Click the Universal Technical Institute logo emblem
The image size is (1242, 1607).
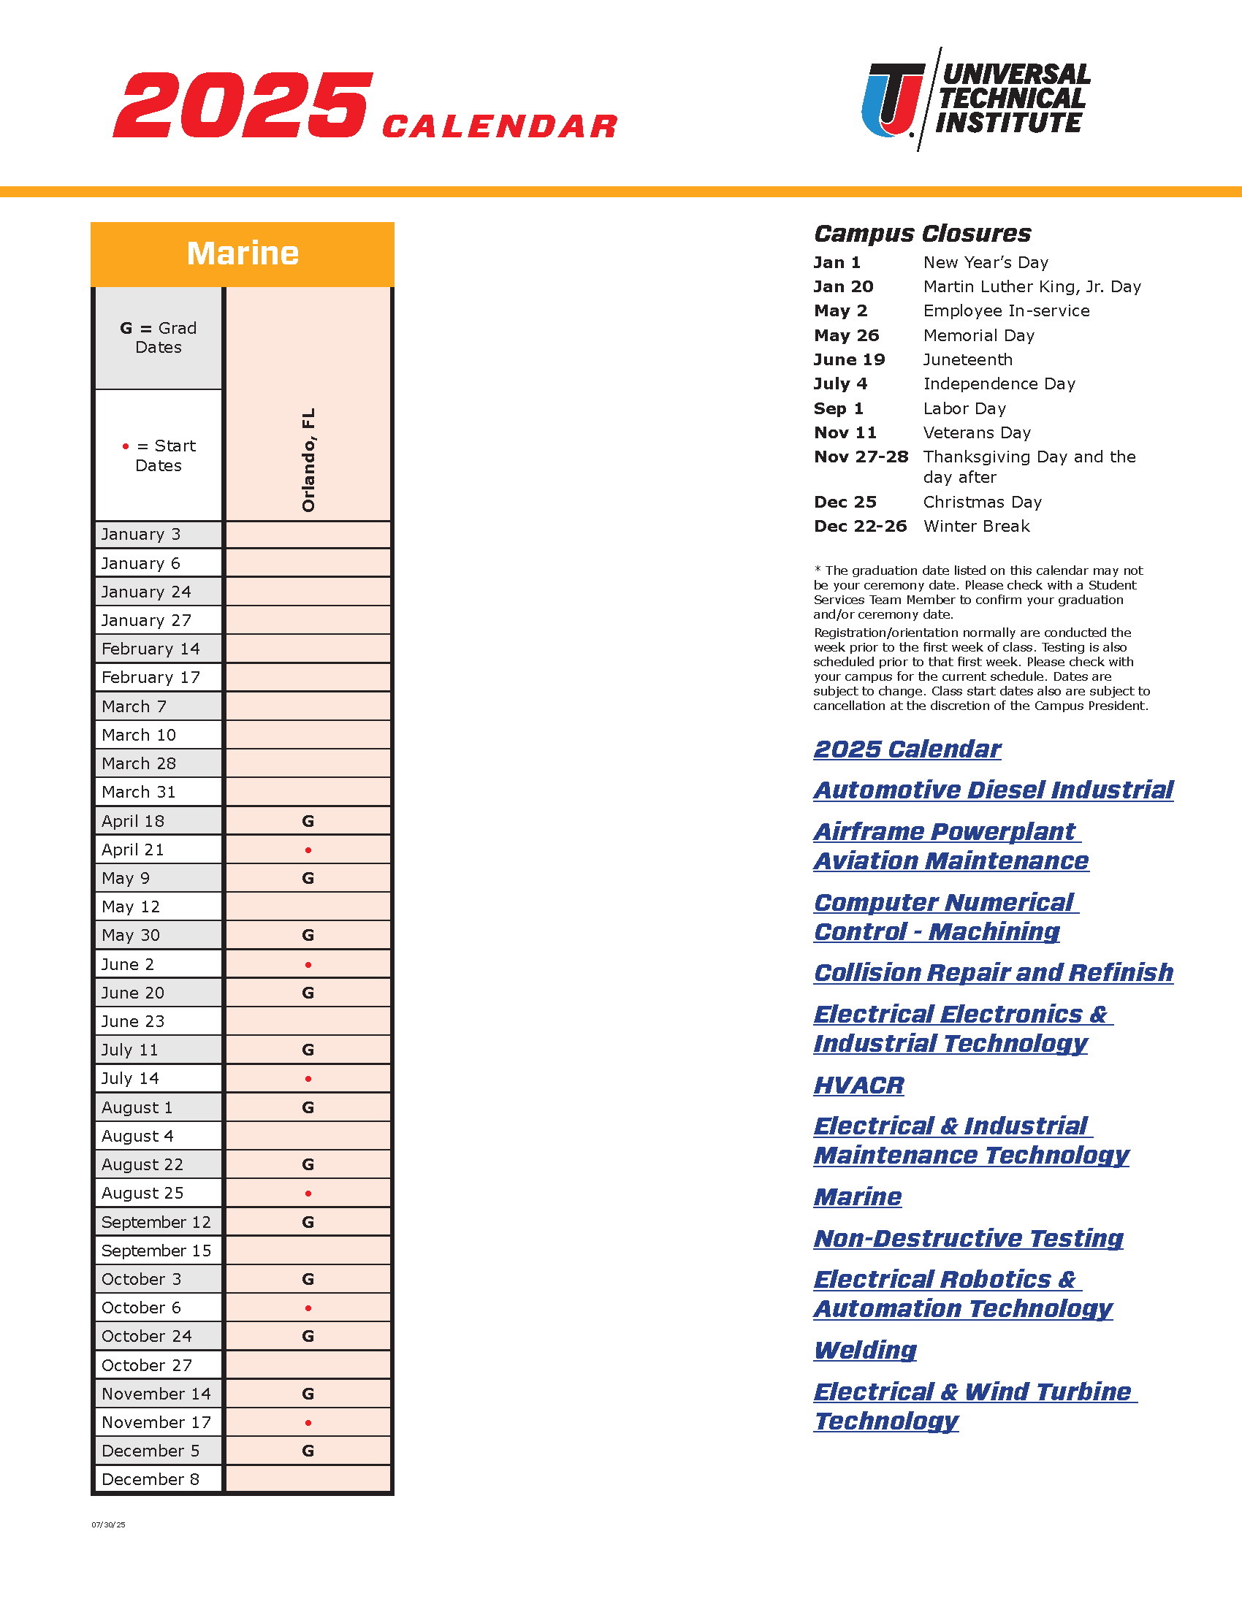tap(893, 99)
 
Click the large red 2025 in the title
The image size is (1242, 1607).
tap(243, 105)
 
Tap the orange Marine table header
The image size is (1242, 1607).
tap(242, 254)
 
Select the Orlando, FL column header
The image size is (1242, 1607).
tap(308, 459)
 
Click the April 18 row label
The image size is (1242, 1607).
tap(133, 821)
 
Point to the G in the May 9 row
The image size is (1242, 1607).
tap(308, 878)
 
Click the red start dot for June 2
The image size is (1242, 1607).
tap(308, 965)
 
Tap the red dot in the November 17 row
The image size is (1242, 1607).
tap(308, 1423)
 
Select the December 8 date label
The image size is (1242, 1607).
tap(150, 1480)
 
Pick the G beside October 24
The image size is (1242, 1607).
tap(308, 1336)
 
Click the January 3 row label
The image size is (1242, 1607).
tap(140, 534)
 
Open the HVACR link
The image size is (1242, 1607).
tap(858, 1085)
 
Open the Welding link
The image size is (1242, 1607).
tap(865, 1350)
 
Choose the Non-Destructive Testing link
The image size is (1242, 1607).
tap(968, 1238)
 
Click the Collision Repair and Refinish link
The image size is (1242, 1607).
tap(994, 973)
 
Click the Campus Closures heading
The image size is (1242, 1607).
tap(923, 233)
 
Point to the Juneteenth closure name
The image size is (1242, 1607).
tap(967, 360)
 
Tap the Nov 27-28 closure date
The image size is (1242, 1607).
tap(861, 457)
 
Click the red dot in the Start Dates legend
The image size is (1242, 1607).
tap(126, 446)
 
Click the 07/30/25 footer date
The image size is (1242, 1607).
tap(108, 1524)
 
